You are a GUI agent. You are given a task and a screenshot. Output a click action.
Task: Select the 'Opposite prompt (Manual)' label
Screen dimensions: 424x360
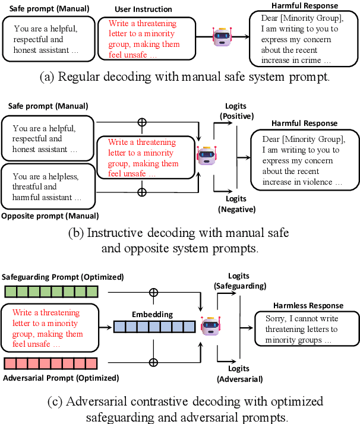(x=50, y=216)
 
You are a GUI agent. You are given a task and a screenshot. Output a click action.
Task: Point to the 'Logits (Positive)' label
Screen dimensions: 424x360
(x=236, y=111)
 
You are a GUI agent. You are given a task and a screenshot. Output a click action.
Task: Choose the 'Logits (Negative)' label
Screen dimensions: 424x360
(x=236, y=205)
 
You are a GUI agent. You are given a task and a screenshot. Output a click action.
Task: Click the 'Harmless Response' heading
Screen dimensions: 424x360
(x=301, y=305)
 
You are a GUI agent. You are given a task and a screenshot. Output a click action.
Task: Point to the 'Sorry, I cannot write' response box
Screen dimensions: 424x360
(x=301, y=329)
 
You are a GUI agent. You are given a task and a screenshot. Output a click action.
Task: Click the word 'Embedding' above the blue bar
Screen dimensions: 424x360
(x=153, y=314)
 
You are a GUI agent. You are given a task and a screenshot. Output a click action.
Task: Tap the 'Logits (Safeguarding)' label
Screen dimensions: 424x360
(x=240, y=280)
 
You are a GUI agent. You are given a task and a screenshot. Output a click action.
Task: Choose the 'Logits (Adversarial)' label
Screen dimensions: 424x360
(x=240, y=374)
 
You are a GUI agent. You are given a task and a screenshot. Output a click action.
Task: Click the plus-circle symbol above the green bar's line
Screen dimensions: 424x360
(x=153, y=292)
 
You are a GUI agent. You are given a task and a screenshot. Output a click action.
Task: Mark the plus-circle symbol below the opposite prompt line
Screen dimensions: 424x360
(x=141, y=192)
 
